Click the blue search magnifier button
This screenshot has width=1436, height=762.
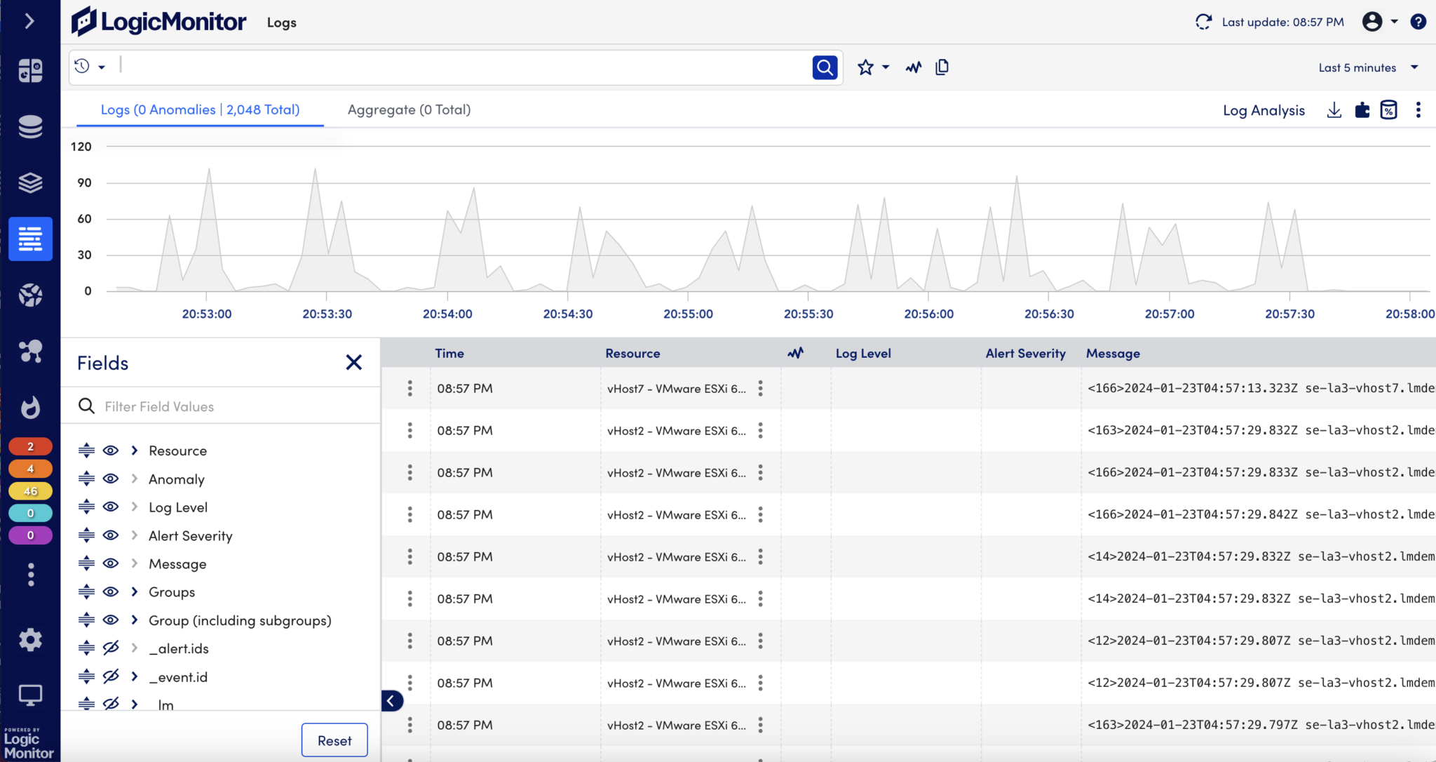tap(825, 67)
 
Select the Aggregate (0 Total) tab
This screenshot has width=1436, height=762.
tap(409, 110)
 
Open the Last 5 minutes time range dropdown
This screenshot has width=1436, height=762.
tap(1367, 68)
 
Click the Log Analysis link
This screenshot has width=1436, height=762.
tap(1264, 111)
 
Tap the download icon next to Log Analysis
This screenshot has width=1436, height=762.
tap(1334, 110)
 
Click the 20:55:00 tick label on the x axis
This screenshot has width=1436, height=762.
tap(688, 314)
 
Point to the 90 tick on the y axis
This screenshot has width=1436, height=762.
tap(84, 183)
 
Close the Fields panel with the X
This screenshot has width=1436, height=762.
tap(354, 362)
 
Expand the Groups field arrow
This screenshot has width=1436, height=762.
tap(135, 591)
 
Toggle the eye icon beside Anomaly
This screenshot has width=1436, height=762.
tap(111, 479)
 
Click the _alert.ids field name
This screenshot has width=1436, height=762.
tap(179, 649)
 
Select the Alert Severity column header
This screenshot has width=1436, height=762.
tap(1025, 354)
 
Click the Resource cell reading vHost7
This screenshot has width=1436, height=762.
tap(676, 389)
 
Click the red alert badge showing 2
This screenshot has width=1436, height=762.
tap(30, 446)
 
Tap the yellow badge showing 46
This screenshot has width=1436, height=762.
tap(30, 491)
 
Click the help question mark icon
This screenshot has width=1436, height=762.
tap(1418, 22)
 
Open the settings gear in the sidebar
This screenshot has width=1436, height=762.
tap(30, 640)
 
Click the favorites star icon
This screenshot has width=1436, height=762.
tap(866, 67)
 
